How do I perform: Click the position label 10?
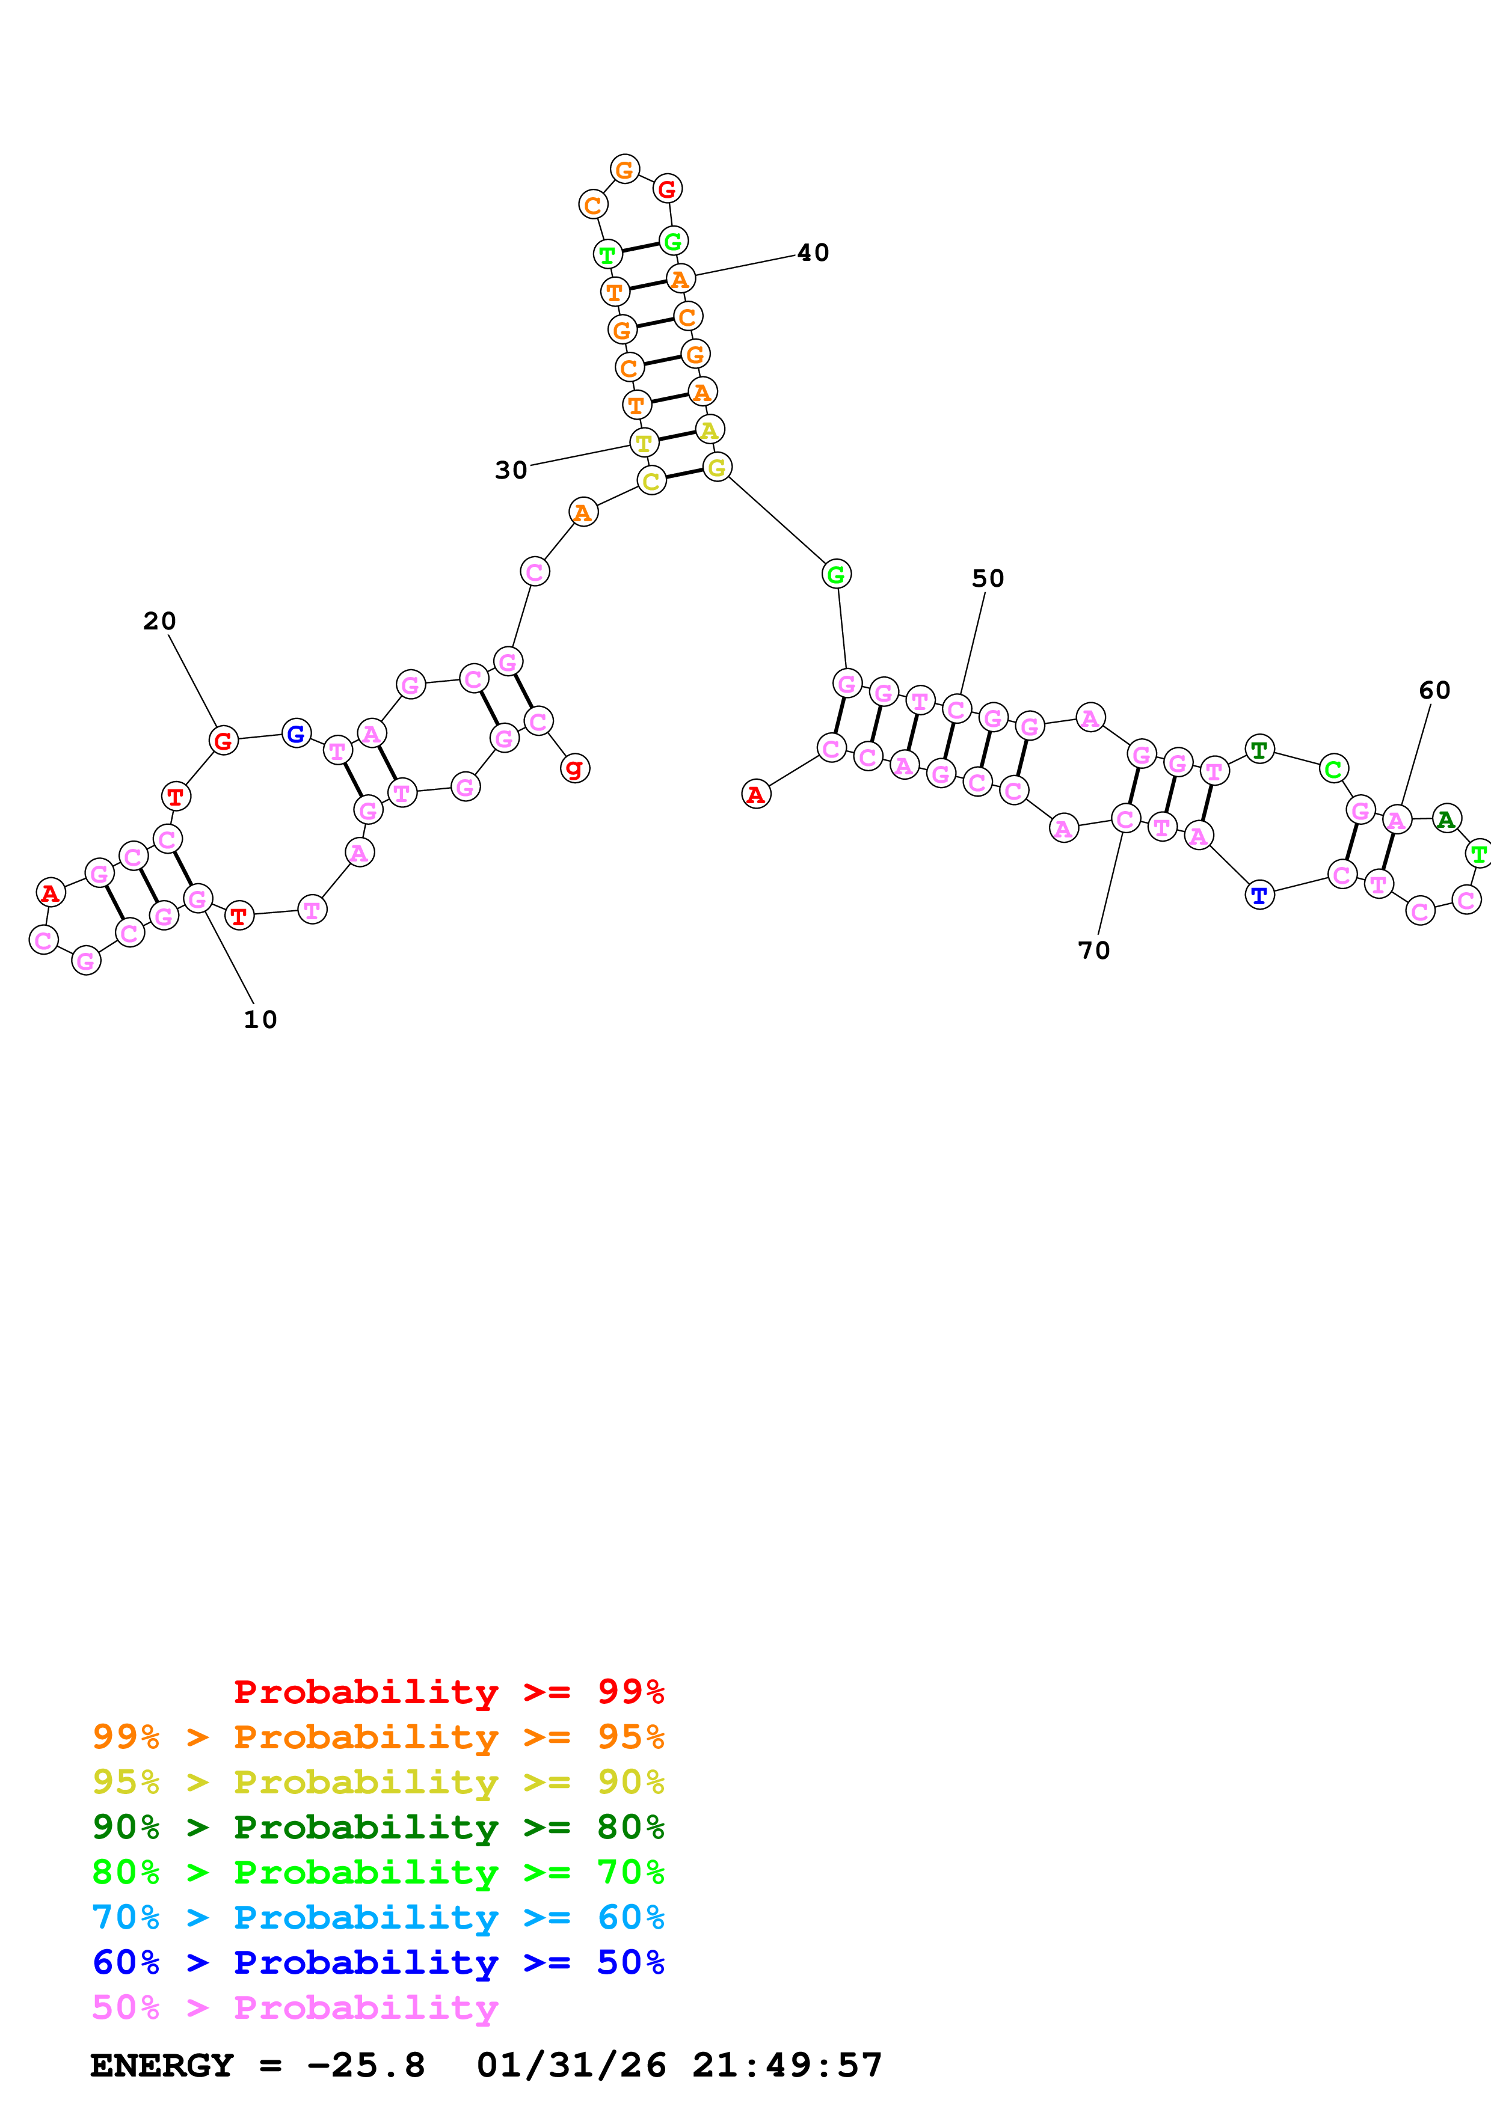(x=260, y=1020)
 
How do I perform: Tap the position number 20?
(x=159, y=621)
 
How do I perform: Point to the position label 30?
(x=511, y=470)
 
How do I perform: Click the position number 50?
(x=988, y=579)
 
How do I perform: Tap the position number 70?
(x=1093, y=950)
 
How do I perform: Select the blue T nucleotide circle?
(x=1259, y=895)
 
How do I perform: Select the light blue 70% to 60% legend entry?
(x=378, y=1918)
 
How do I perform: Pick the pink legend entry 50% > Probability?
(x=295, y=2008)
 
